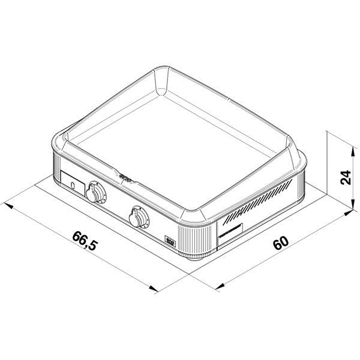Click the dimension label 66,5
pyautogui.click(x=84, y=240)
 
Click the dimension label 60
pyautogui.click(x=280, y=243)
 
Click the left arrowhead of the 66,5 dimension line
pyautogui.click(x=13, y=208)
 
